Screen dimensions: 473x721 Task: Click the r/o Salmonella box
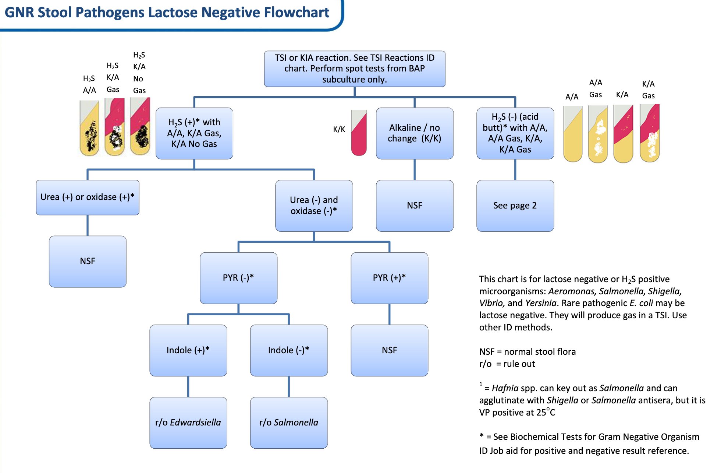pyautogui.click(x=289, y=423)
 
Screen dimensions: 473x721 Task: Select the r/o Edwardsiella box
pyautogui.click(x=188, y=423)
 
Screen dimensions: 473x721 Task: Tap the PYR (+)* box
pyautogui.click(x=389, y=278)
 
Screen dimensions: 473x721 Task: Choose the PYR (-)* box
pyautogui.click(x=238, y=278)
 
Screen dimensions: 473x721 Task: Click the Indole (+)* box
pyautogui.click(x=188, y=350)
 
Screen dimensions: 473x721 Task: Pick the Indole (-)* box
pyautogui.click(x=289, y=350)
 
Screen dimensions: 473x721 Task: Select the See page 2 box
pyautogui.click(x=515, y=206)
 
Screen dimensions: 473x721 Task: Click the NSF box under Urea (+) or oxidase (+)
pyautogui.click(x=88, y=261)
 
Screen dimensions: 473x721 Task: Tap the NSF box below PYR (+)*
pyautogui.click(x=389, y=350)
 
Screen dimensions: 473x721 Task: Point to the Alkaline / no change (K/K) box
pyautogui.click(x=415, y=133)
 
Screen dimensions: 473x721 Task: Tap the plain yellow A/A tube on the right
pyautogui.click(x=573, y=135)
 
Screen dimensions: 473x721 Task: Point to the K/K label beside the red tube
pyautogui.click(x=339, y=129)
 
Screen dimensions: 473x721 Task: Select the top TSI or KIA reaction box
pyautogui.click(x=355, y=69)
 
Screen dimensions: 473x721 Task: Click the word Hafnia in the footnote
pyautogui.click(x=505, y=388)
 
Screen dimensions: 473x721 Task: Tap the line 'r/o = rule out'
pyautogui.click(x=507, y=364)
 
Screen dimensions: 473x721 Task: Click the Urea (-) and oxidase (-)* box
pyautogui.click(x=314, y=206)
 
